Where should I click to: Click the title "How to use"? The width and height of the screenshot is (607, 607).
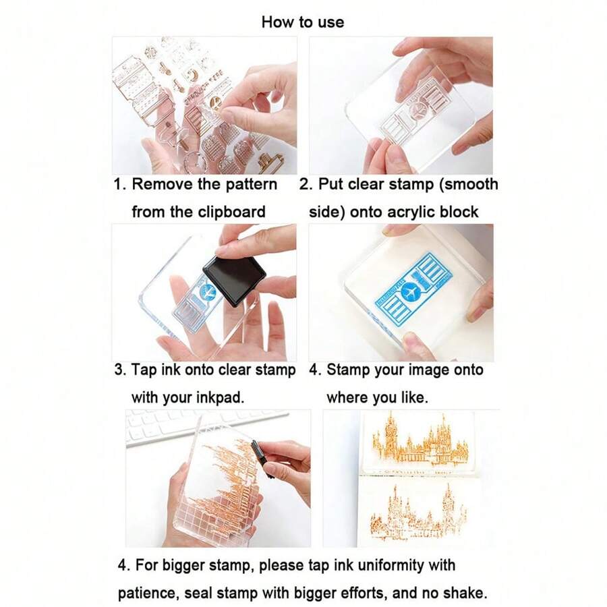[303, 22]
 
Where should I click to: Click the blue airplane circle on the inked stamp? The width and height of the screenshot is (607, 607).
[409, 291]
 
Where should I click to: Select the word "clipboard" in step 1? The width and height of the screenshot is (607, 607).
[231, 212]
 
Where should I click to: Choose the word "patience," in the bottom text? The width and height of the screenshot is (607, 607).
[148, 593]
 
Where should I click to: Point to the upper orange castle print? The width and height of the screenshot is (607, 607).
[420, 440]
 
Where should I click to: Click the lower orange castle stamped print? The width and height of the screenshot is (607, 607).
[418, 511]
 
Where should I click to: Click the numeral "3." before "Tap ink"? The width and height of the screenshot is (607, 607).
[121, 370]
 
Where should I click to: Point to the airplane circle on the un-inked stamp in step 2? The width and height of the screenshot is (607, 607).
[418, 111]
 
